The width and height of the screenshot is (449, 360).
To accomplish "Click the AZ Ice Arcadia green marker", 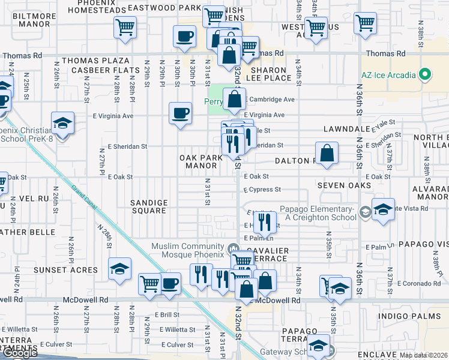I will point(426,75).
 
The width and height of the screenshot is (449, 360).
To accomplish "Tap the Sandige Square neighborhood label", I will point(148,206).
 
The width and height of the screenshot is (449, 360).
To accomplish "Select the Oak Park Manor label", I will point(201,161).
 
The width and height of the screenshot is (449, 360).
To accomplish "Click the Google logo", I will point(19,353).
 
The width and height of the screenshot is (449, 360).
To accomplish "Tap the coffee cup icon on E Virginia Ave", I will point(181,113).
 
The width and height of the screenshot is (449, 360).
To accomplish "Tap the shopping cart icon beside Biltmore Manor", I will point(125,27).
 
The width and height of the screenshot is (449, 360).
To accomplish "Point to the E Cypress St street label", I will point(262,190).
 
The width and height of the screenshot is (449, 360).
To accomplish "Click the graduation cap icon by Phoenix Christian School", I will point(62,123).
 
